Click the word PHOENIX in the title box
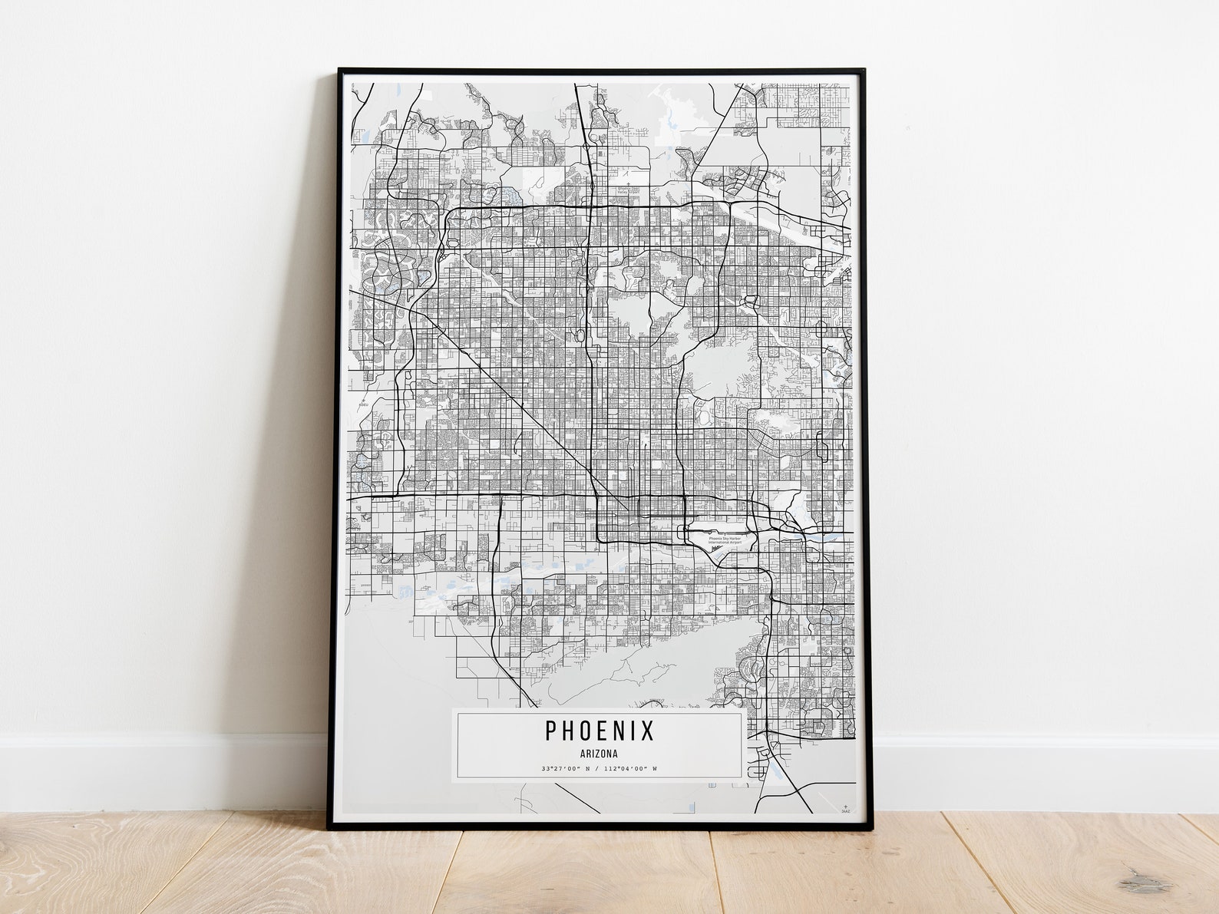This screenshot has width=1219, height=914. (600, 731)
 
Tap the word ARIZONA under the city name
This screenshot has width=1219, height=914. (600, 754)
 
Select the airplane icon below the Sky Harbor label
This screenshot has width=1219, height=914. (716, 548)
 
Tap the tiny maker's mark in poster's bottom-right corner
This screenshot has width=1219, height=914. (846, 808)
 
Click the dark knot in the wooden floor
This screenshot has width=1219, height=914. (1145, 881)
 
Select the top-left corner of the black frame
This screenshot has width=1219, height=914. (340, 71)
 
